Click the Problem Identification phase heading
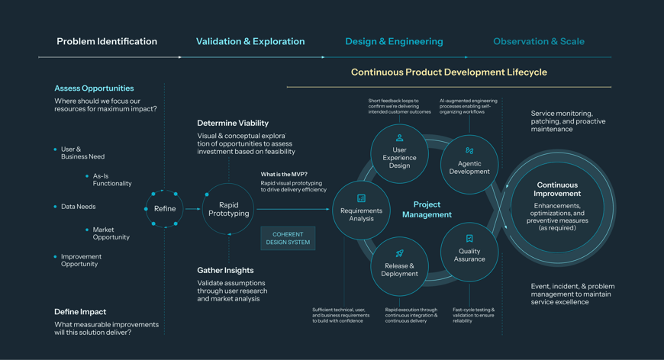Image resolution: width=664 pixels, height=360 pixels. coord(107,41)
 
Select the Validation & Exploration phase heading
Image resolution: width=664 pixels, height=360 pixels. coord(250,41)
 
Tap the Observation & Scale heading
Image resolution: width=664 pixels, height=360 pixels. coord(539,41)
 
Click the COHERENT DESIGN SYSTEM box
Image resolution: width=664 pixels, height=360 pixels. coord(288,238)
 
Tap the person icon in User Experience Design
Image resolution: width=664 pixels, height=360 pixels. coord(399,138)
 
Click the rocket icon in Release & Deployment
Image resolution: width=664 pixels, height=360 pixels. coord(399,253)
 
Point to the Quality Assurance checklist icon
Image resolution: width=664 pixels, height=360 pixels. coord(469,239)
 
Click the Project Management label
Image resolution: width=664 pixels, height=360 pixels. coord(427,210)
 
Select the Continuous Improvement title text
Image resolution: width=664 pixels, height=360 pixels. coord(557,189)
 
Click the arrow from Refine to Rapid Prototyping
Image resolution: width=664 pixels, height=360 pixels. coord(193,209)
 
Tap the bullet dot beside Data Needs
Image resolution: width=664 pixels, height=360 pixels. coord(56,207)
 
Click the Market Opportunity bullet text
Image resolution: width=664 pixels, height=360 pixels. coord(111,233)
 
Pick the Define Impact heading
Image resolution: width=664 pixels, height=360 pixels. coord(80,312)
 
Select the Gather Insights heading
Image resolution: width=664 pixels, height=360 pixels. coord(225,270)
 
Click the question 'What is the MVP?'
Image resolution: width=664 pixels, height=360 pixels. coord(284,175)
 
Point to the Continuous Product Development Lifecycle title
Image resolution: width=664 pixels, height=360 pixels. coord(449,72)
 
